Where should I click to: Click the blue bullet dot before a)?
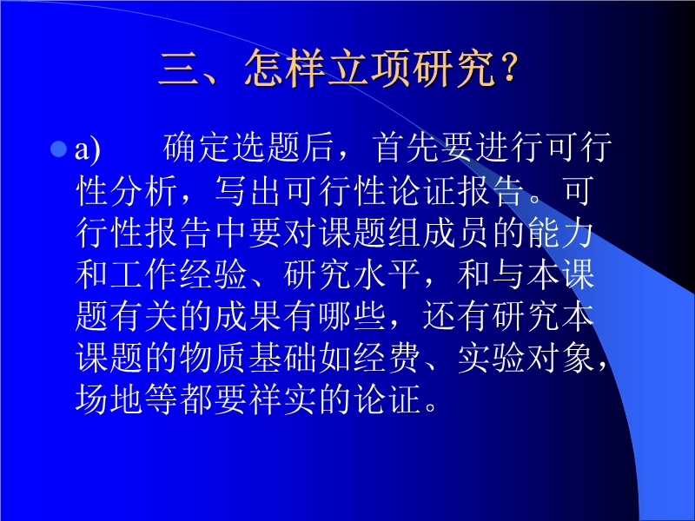tap(58, 148)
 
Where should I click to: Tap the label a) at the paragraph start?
tap(88, 149)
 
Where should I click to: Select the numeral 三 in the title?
tap(178, 69)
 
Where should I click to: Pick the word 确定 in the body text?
tap(197, 148)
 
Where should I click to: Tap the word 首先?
tap(405, 148)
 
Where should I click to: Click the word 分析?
tap(144, 191)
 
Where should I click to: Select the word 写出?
tap(249, 191)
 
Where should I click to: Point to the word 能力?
tap(560, 233)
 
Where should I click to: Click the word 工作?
tap(144, 274)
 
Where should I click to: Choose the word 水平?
tap(387, 274)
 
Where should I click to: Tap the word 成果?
tap(249, 316)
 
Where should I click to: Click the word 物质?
tap(214, 358)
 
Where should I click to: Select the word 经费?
tap(387, 358)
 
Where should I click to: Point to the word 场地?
tap(109, 399)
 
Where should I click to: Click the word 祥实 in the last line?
tap(284, 399)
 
